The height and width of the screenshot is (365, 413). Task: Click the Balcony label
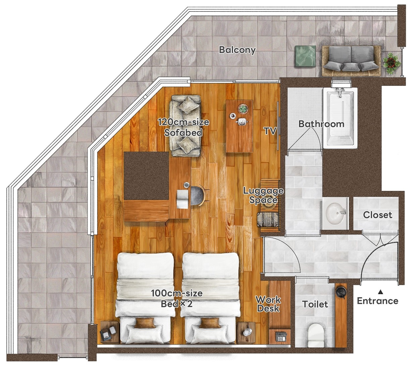[237, 50]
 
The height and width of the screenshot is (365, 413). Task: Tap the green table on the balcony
[305, 56]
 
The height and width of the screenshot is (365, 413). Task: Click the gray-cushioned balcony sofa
[351, 61]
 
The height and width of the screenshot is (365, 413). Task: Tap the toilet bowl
[316, 335]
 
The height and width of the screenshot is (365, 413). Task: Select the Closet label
[377, 215]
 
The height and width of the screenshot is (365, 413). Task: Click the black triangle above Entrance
[380, 292]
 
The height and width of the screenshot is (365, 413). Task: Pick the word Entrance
[377, 301]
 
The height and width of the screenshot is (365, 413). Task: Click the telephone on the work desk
[281, 336]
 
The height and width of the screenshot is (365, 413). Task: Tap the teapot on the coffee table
[242, 121]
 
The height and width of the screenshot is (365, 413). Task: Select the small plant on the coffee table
[243, 108]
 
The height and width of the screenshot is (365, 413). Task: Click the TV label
[270, 131]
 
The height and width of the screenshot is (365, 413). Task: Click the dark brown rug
[146, 176]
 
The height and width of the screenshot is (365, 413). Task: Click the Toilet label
[315, 304]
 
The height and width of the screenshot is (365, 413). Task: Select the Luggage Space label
[263, 196]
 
